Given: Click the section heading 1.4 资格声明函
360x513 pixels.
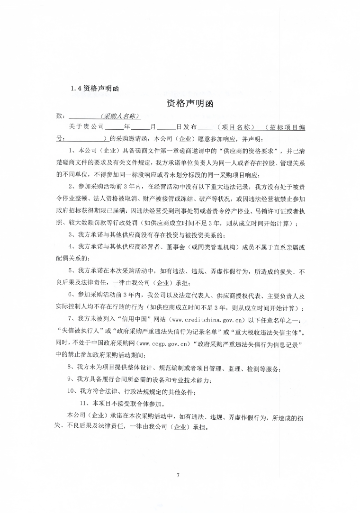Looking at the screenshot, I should click(94, 88).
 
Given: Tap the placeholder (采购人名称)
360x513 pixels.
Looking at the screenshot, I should click(121, 116).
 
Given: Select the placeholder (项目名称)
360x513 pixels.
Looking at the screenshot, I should click(235, 127).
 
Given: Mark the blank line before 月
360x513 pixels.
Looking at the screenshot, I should click(140, 127).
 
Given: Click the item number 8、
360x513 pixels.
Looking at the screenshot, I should click(71, 367).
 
